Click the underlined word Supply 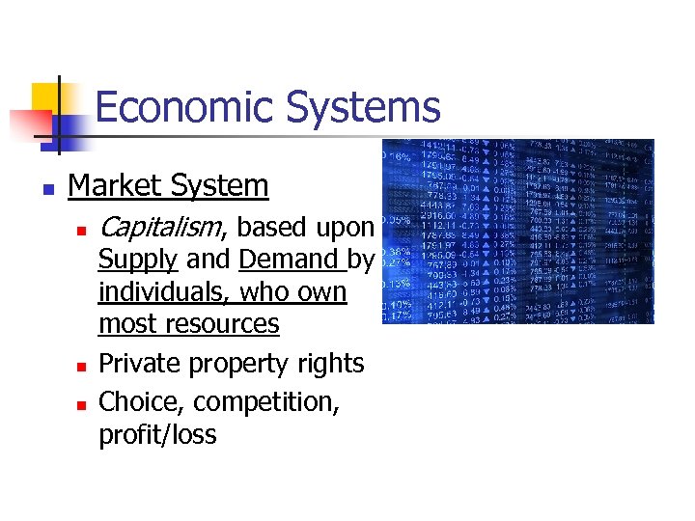tap(138, 260)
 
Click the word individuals tap(164, 291)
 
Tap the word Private tap(140, 364)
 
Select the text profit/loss tap(157, 435)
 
